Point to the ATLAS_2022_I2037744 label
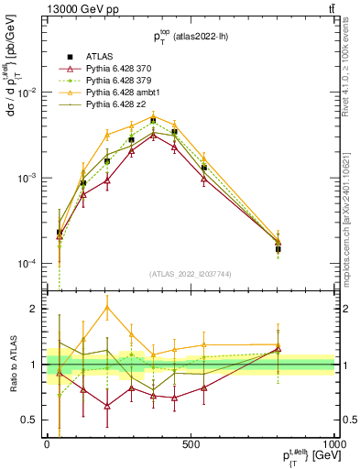[x=190, y=273]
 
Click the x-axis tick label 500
[x=191, y=443]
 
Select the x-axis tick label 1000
[x=332, y=443]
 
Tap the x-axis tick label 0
[x=47, y=443]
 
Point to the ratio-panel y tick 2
[x=35, y=309]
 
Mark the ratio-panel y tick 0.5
[x=30, y=420]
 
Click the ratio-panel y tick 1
[x=35, y=365]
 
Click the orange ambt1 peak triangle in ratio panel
[x=108, y=307]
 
